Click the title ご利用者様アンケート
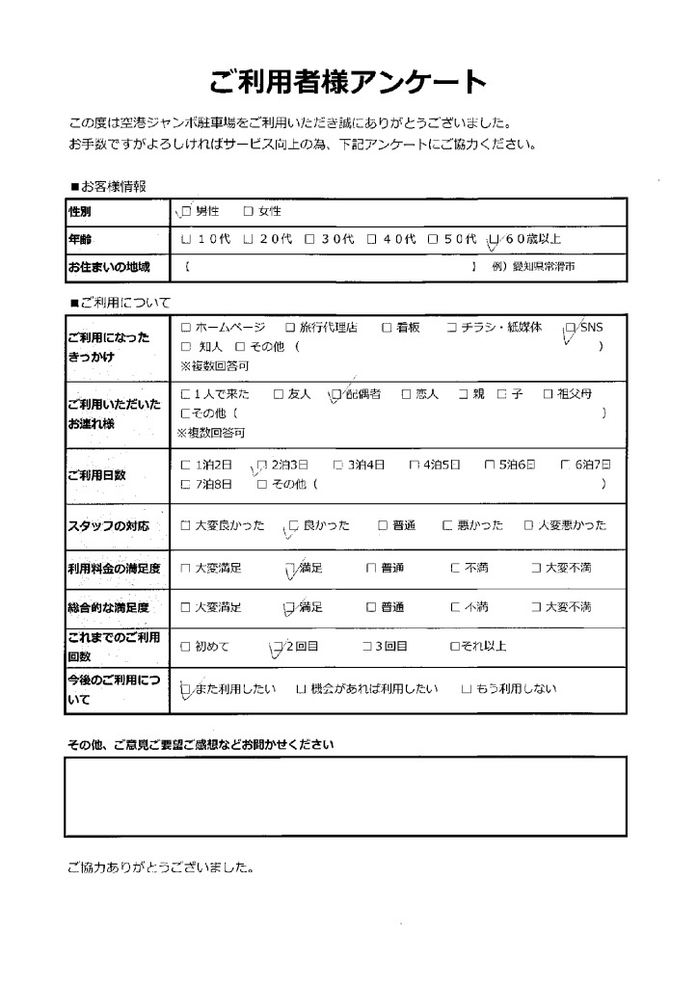point(348,81)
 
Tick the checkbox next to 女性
point(248,211)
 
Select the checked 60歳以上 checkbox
point(495,238)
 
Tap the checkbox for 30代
point(309,238)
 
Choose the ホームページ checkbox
point(186,328)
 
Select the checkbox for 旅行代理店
point(289,328)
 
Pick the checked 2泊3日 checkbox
point(261,464)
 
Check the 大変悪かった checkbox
point(528,525)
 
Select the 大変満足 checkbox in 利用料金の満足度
point(185,569)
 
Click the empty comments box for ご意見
point(345,796)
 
